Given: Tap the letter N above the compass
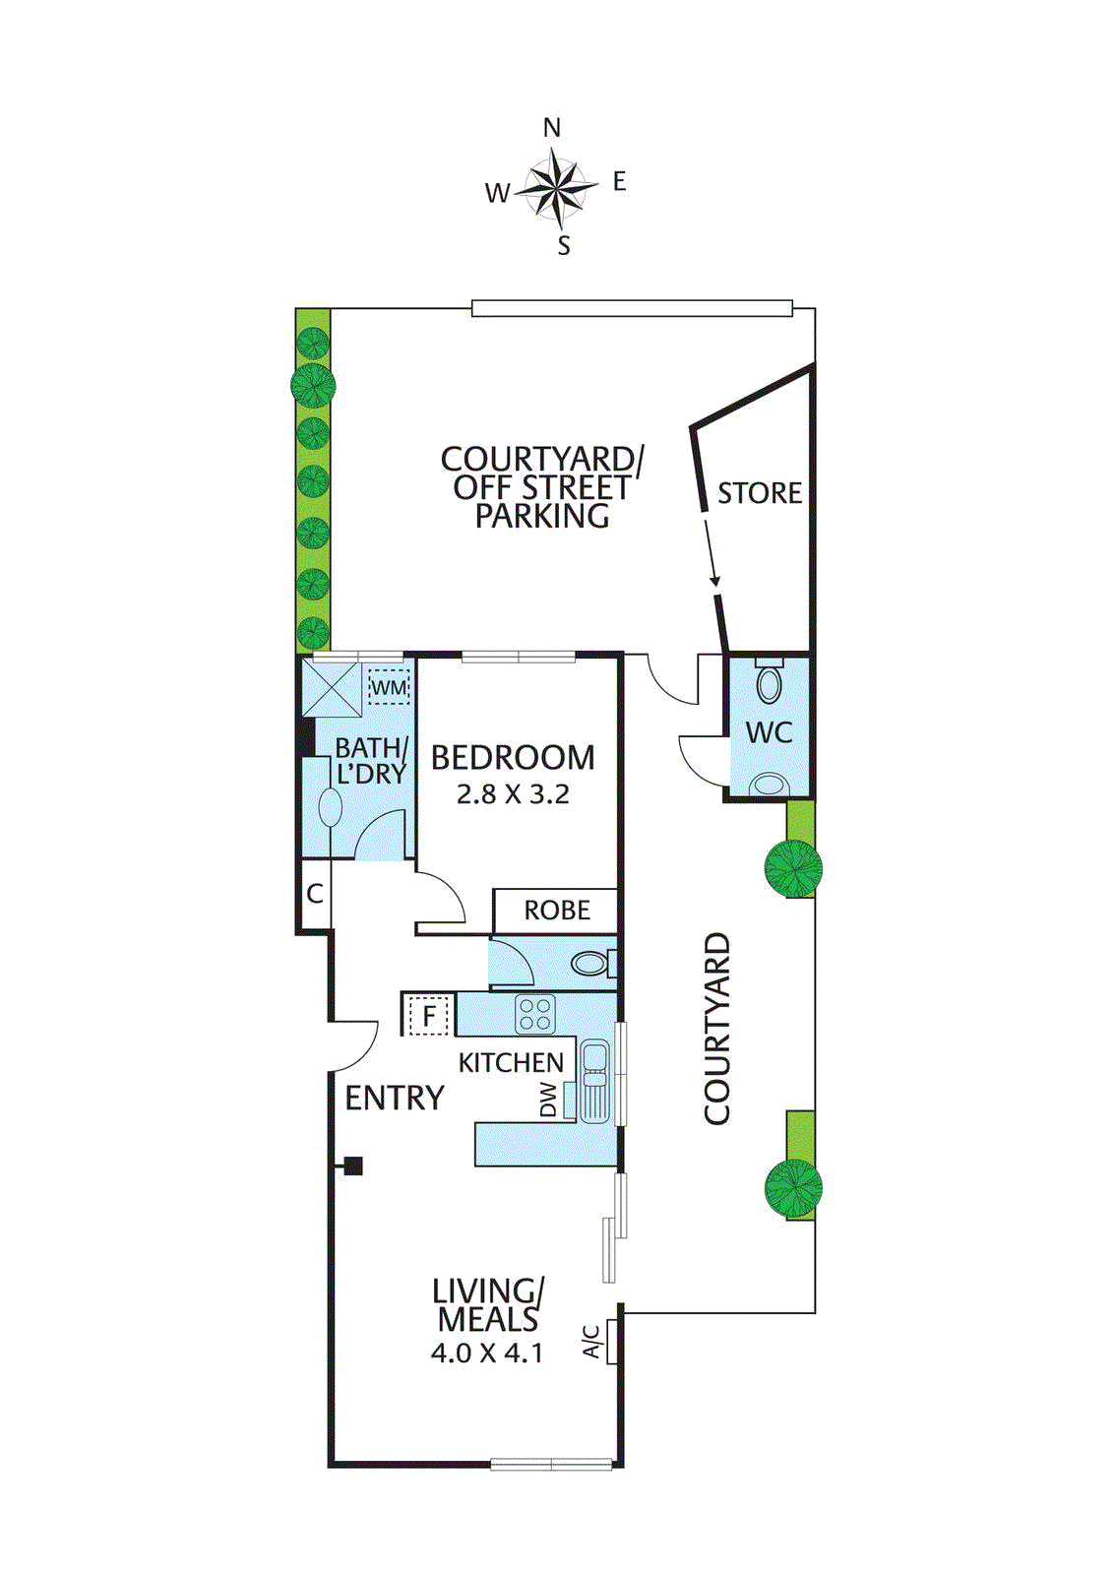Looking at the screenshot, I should tap(552, 128).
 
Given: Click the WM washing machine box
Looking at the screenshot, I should tap(389, 687).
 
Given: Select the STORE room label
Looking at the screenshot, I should tap(759, 493).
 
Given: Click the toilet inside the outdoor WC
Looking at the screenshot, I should tap(770, 681).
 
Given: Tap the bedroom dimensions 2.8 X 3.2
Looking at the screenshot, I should tap(513, 794).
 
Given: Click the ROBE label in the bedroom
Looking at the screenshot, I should tap(557, 911).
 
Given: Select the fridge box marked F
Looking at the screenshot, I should tap(429, 1016).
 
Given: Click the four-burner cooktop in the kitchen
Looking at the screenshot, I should tap(535, 1014).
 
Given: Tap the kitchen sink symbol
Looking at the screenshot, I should tap(594, 1081).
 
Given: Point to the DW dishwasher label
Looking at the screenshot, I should tap(548, 1100).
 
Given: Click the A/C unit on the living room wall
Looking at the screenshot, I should tap(611, 1342).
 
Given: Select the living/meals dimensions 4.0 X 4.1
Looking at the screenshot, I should tap(486, 1354).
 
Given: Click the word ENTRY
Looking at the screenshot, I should tap(395, 1098).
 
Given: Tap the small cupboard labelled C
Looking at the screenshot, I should tap(315, 894).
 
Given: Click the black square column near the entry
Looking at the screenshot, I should tap(353, 1166).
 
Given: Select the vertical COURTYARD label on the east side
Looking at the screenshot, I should tap(717, 1029).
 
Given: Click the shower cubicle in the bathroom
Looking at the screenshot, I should tap(332, 688).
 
